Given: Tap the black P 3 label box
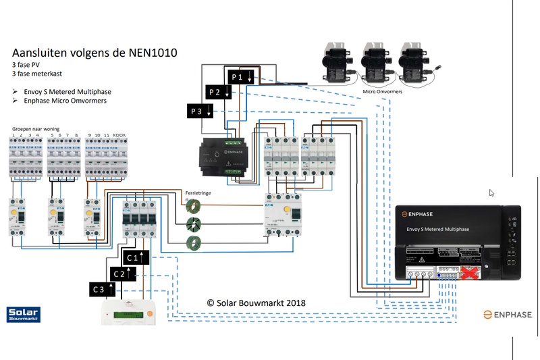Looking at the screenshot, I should [200, 111].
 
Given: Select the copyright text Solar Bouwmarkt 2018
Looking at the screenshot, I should [256, 303].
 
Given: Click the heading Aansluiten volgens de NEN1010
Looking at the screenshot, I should [95, 53].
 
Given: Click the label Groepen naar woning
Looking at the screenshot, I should [36, 128].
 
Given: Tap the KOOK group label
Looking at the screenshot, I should [119, 135].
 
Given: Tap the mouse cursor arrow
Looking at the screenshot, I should [492, 192].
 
